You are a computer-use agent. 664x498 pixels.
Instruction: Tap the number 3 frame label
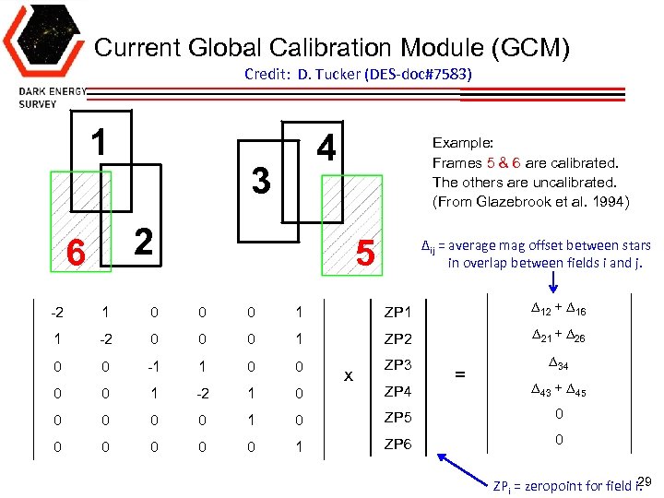tap(261, 180)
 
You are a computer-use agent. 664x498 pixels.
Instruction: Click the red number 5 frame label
tap(365, 253)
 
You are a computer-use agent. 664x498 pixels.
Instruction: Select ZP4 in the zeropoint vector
tap(398, 391)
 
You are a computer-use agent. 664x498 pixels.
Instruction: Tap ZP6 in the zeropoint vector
tap(398, 445)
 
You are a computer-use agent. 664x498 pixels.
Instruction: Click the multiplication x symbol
tap(348, 376)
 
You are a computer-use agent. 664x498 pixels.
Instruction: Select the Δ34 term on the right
tap(558, 364)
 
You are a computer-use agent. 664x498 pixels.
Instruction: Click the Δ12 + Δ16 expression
tap(559, 309)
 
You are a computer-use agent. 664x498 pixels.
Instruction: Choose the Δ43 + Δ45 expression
tap(559, 391)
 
